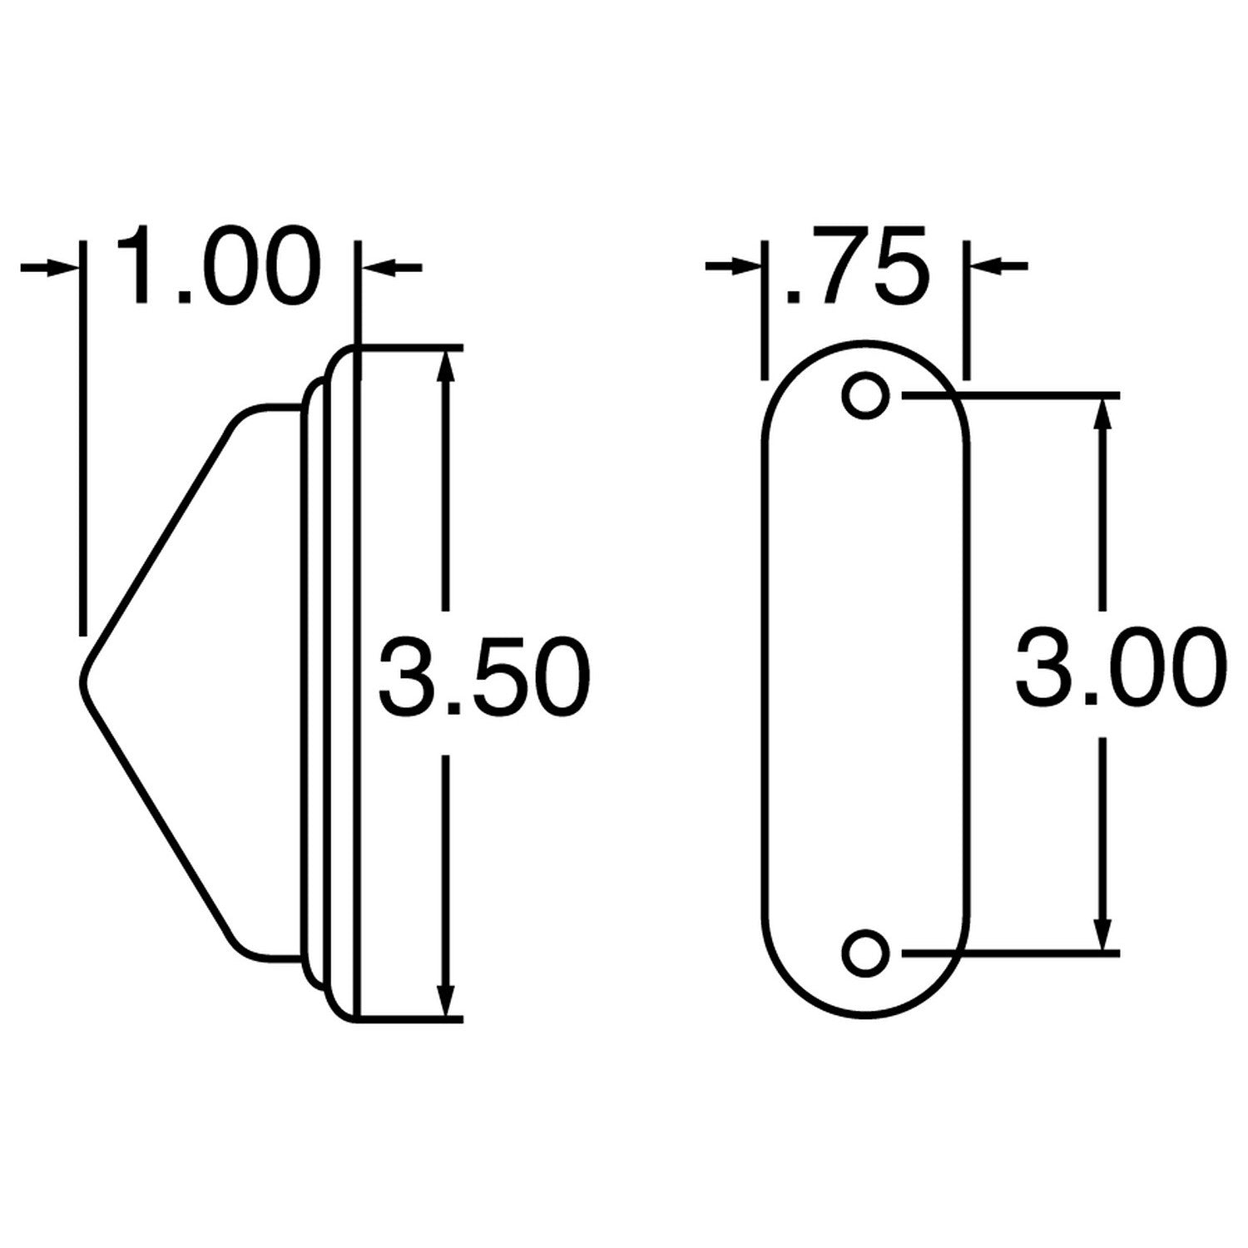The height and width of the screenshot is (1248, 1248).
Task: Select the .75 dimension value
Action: tap(853, 265)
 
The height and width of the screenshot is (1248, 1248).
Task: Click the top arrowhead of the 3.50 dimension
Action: tap(447, 366)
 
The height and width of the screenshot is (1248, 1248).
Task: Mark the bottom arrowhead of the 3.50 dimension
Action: tap(447, 998)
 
